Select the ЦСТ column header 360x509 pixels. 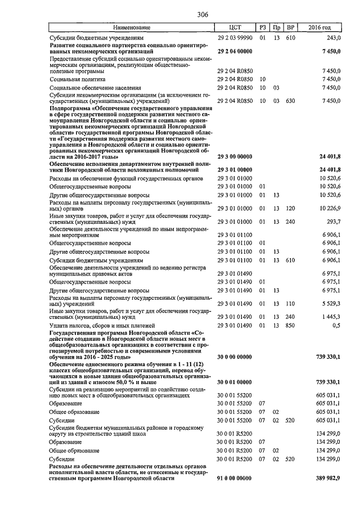[x=235, y=28]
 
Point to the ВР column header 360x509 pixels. [x=290, y=28]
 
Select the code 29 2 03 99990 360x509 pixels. [x=235, y=38]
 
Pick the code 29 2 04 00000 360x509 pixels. [x=234, y=51]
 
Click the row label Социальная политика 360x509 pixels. [x=77, y=79]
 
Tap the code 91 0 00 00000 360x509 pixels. [x=234, y=478]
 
